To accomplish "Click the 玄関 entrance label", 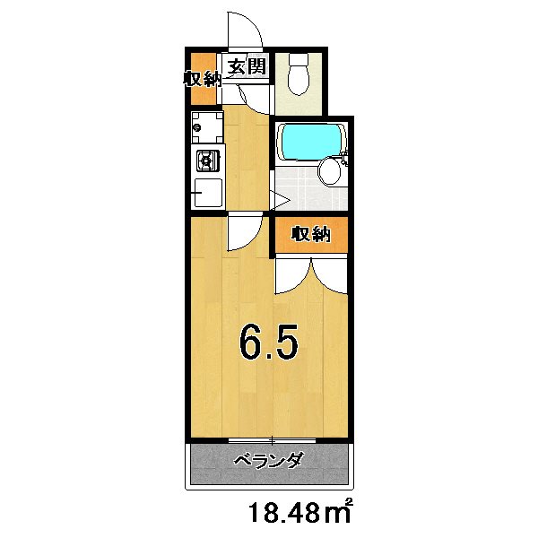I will (x=244, y=66).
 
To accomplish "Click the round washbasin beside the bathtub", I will (x=332, y=170).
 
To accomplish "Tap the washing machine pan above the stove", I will (x=205, y=130).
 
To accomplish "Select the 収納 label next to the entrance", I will (x=203, y=79).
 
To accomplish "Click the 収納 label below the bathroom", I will (x=310, y=235).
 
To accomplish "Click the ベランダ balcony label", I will (x=268, y=462).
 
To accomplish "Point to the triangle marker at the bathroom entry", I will (x=279, y=201).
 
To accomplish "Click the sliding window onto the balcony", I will (x=272, y=439).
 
